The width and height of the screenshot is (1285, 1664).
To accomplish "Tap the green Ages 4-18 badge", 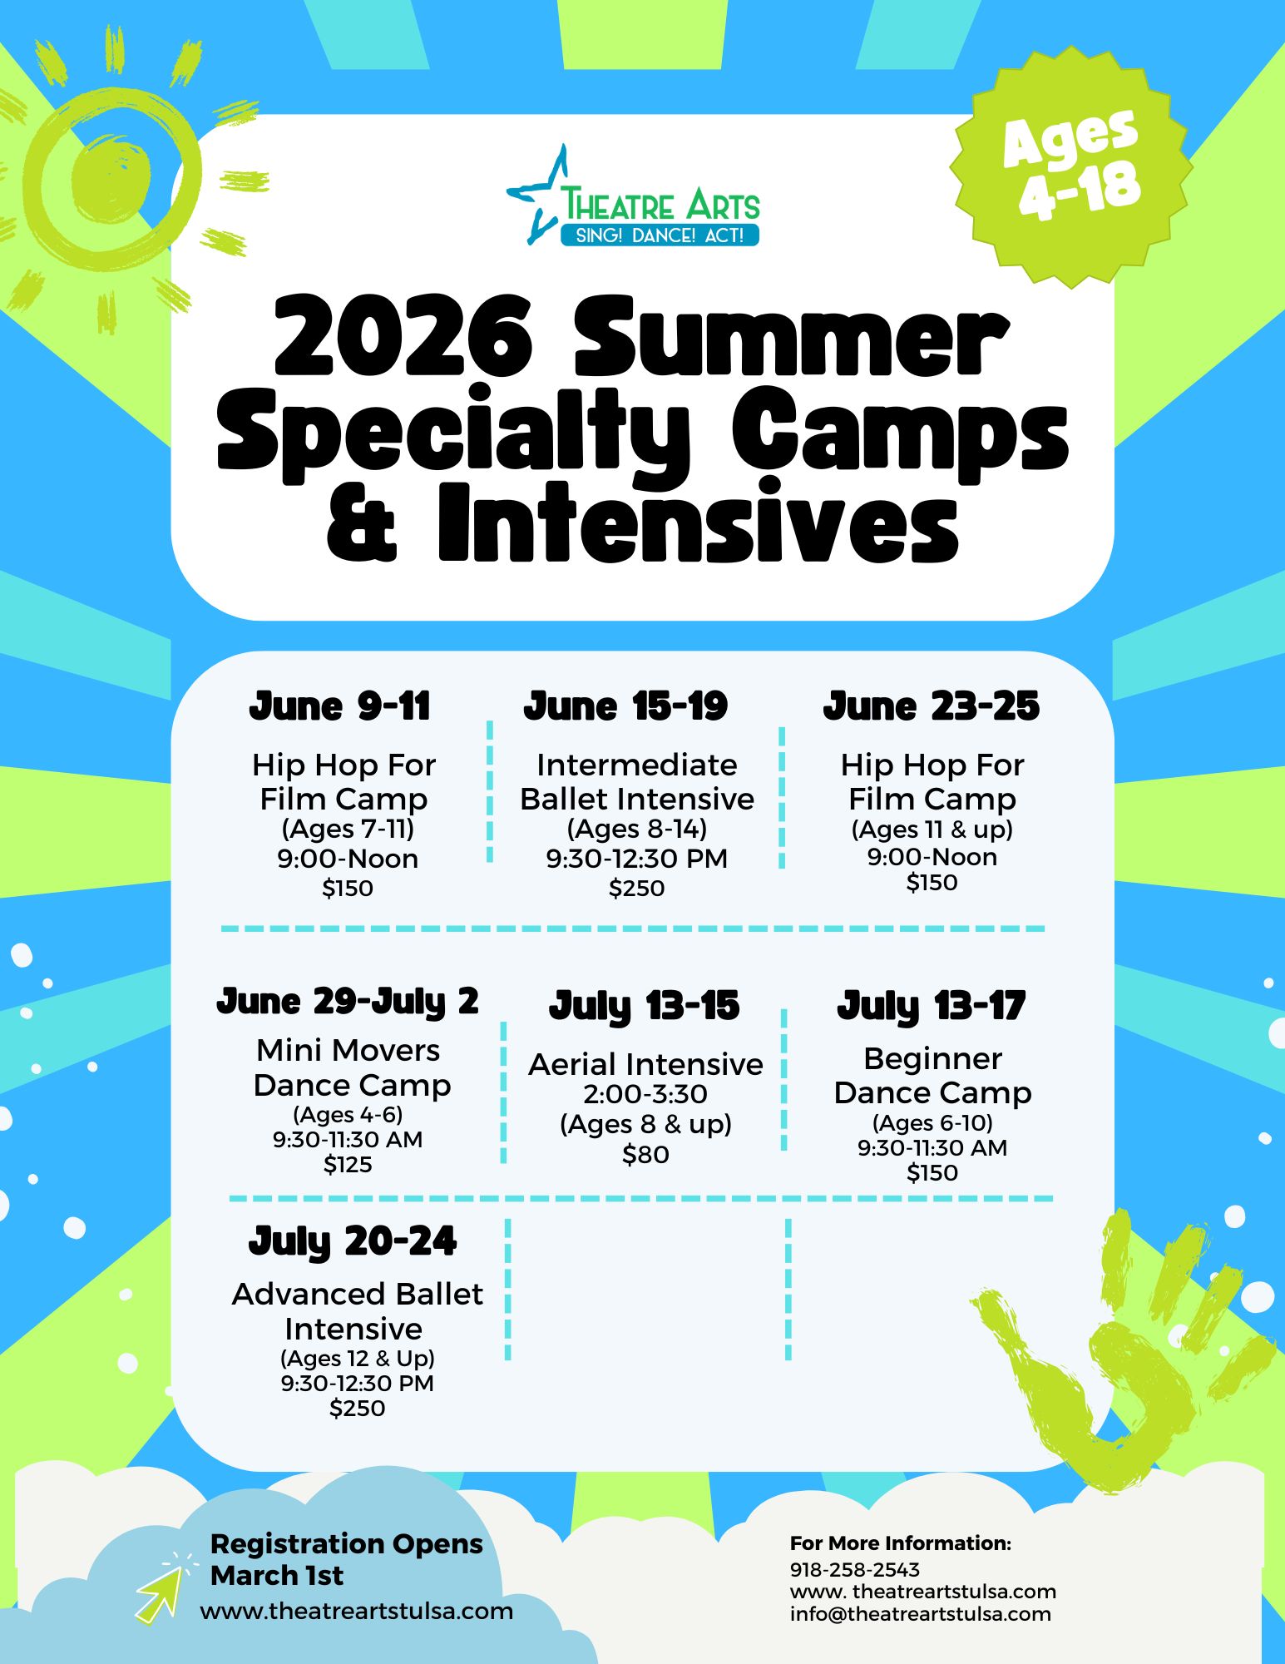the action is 1071,166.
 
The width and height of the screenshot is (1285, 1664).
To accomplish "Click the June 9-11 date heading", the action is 339,706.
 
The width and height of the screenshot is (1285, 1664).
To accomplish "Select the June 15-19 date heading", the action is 625,706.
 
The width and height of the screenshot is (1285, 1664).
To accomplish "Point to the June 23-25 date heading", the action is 932,706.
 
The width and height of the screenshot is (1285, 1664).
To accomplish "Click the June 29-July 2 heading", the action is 348,1002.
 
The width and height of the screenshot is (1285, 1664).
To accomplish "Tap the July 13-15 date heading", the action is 644,1007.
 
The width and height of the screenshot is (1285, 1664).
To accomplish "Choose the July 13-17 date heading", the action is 932,1007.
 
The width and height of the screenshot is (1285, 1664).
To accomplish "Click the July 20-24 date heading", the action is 353,1242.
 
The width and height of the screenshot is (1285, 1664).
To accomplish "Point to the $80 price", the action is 645,1155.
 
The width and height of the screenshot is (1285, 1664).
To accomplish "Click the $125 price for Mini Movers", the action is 348,1165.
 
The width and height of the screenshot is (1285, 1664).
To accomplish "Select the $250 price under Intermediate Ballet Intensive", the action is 636,889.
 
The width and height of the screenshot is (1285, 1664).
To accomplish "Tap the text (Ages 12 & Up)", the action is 358,1359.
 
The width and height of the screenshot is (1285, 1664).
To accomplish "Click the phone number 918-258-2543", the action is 855,1570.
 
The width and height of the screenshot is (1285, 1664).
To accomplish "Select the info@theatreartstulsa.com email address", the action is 921,1614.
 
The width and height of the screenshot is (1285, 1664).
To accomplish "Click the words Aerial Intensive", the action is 645,1064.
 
